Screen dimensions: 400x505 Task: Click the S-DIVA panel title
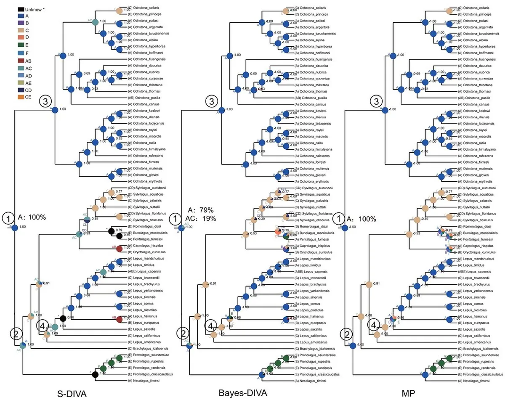tap(75, 394)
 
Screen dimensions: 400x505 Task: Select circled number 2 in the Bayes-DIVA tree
tap(183, 334)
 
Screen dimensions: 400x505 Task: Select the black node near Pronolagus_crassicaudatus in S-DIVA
tap(95, 374)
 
